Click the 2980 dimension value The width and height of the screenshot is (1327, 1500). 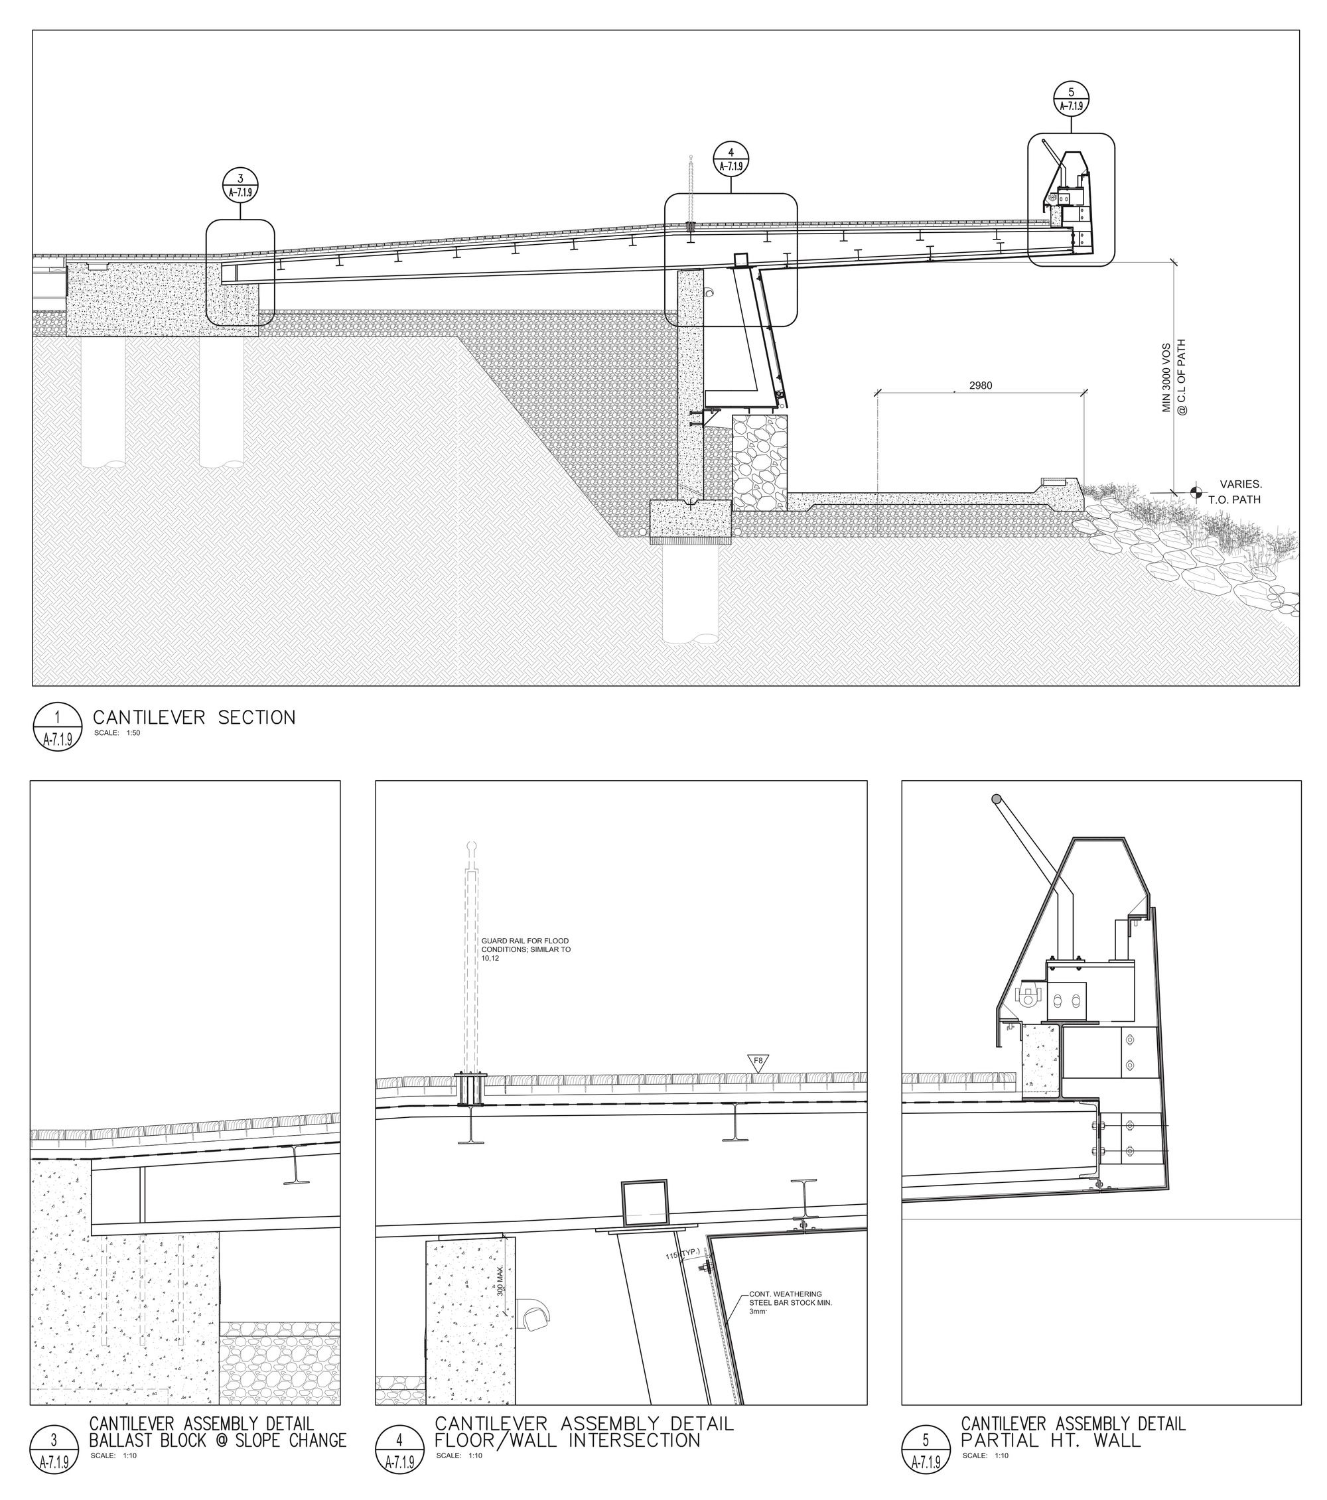click(981, 385)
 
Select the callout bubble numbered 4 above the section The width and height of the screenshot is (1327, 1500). click(731, 159)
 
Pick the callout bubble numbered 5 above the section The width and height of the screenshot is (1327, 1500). click(1071, 98)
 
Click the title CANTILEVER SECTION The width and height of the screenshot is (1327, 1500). click(194, 717)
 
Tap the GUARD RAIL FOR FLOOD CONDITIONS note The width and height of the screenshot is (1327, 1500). click(525, 949)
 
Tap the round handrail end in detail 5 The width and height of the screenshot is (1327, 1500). click(996, 799)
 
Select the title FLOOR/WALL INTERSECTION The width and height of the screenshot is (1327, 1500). click(567, 1440)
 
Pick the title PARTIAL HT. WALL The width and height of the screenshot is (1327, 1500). click(1051, 1440)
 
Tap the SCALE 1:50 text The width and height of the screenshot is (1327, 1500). click(117, 733)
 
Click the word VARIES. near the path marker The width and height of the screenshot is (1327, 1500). click(1240, 484)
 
